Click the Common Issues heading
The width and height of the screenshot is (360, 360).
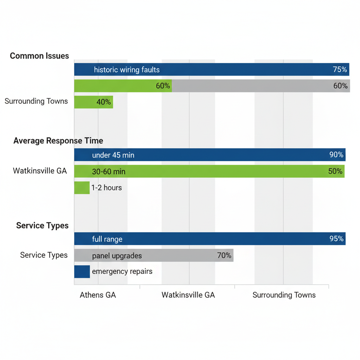pyautogui.click(x=39, y=56)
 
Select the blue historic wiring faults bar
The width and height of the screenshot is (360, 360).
pyautogui.click(x=211, y=70)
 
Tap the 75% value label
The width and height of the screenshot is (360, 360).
pyautogui.click(x=340, y=70)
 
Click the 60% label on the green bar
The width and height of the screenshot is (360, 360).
pyautogui.click(x=163, y=86)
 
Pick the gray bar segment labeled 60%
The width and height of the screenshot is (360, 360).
pyautogui.click(x=261, y=86)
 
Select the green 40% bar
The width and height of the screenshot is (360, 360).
pyautogui.click(x=94, y=102)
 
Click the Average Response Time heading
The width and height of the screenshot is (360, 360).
pyautogui.click(x=58, y=141)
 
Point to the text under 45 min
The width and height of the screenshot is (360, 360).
pyautogui.click(x=113, y=155)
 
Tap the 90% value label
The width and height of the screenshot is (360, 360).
pyautogui.click(x=336, y=155)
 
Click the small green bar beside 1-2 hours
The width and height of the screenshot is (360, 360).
pyautogui.click(x=82, y=188)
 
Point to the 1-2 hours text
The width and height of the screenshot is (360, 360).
pyautogui.click(x=107, y=188)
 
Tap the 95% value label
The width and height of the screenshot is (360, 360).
pyautogui.click(x=336, y=239)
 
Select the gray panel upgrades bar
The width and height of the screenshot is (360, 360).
pyautogui.click(x=154, y=256)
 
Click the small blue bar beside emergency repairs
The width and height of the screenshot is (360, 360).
pyautogui.click(x=82, y=272)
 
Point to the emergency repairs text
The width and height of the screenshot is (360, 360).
pyautogui.click(x=122, y=272)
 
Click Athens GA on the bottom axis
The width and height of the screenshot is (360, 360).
pyautogui.click(x=98, y=295)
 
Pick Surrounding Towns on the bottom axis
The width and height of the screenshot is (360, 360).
pyautogui.click(x=284, y=295)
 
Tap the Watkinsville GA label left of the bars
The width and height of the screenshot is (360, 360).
pyautogui.click(x=40, y=171)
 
